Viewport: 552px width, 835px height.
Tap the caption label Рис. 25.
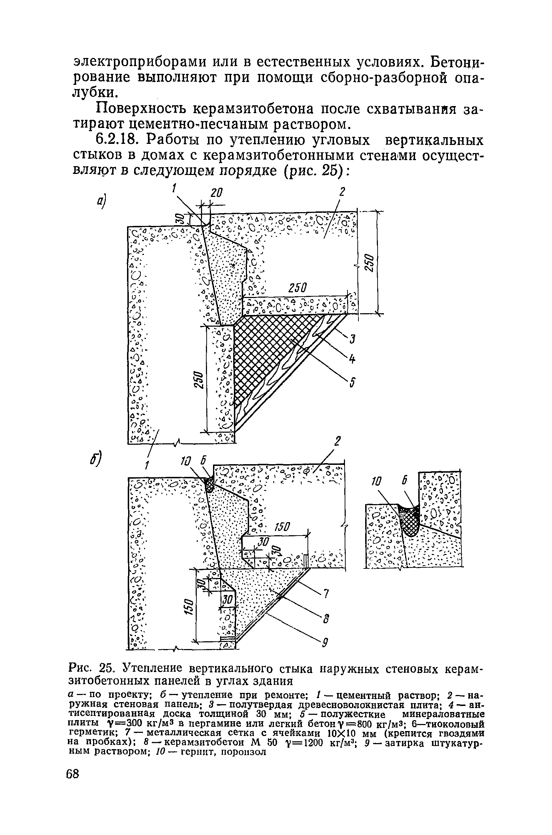click(x=93, y=668)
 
